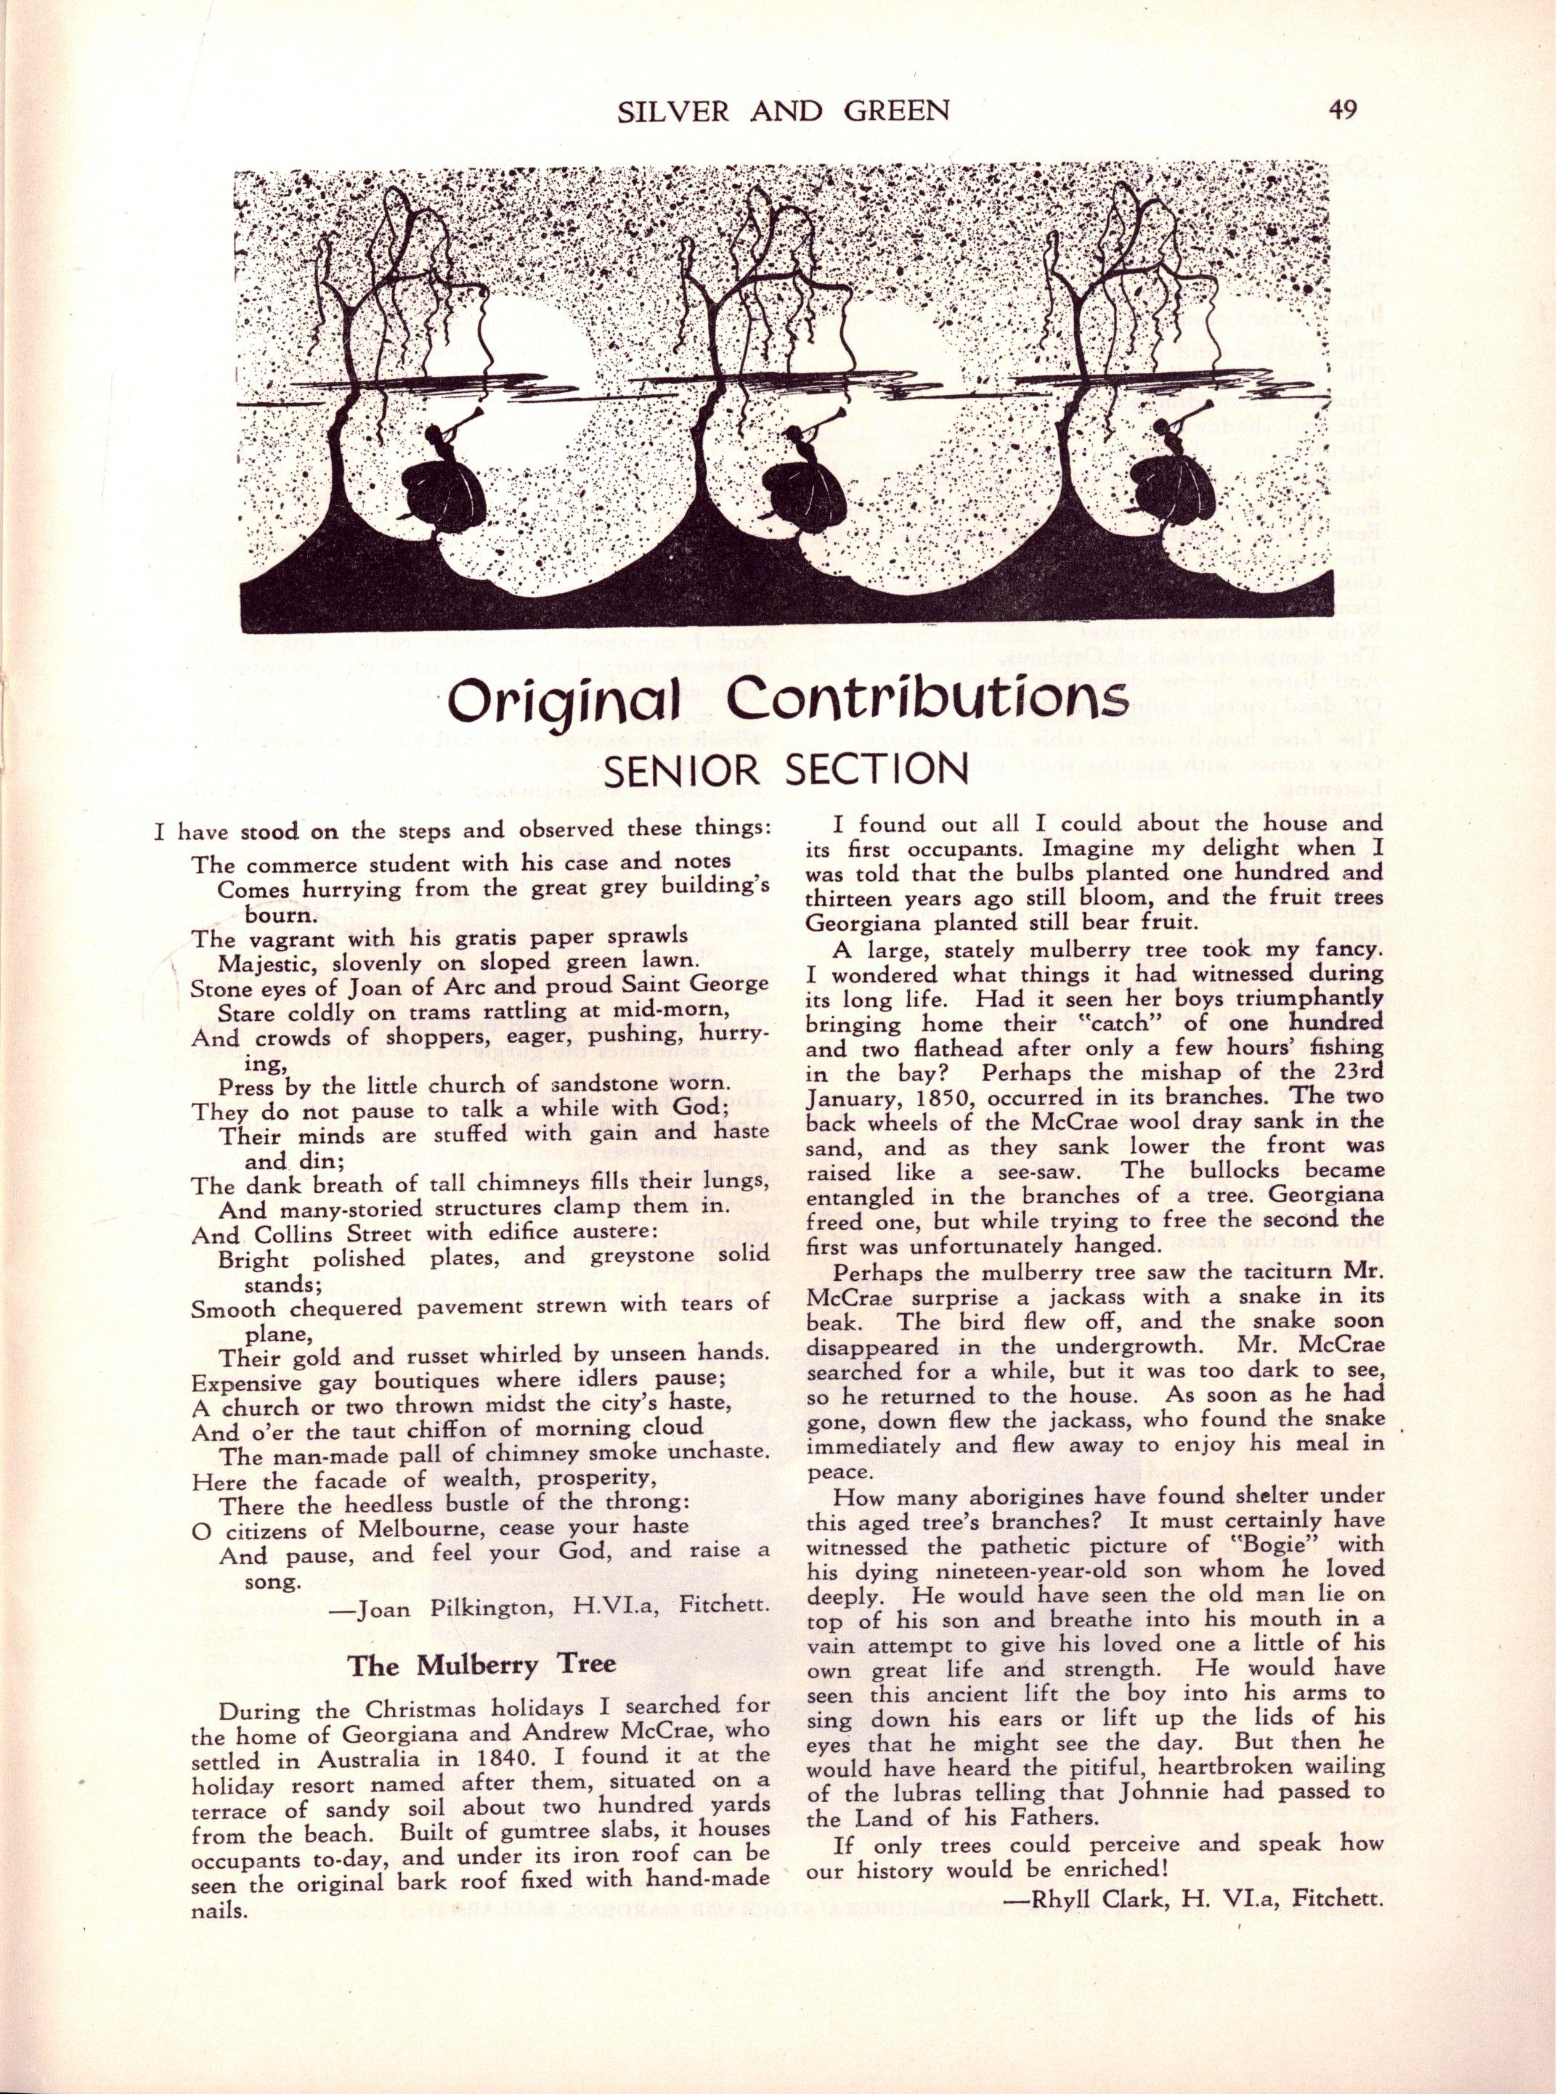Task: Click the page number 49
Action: coord(1342,111)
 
